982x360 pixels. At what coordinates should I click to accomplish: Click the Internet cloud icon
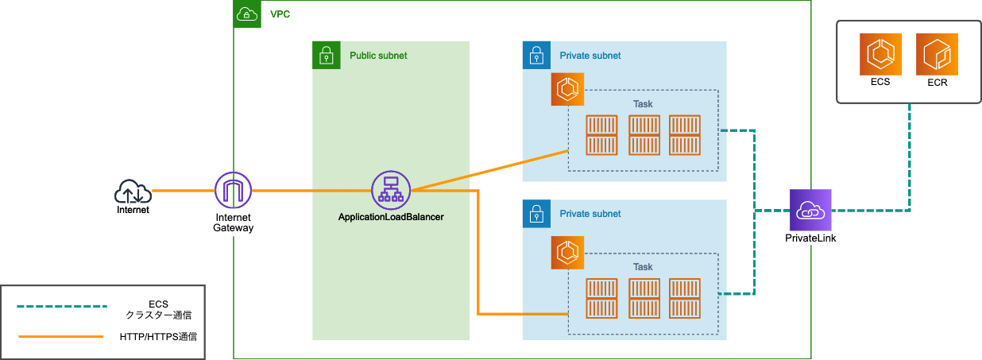(133, 192)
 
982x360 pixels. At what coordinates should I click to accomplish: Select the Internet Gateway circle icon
(233, 191)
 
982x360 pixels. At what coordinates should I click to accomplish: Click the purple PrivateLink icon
(810, 210)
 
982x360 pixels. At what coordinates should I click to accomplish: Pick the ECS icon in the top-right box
(880, 53)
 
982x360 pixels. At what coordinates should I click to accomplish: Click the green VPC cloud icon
(247, 14)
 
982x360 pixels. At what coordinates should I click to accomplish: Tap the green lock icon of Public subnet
(326, 56)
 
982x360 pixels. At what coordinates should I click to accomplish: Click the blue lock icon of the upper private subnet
(536, 56)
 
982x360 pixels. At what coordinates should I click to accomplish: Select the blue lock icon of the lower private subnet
(536, 214)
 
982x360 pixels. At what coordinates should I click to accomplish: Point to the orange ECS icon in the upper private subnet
(567, 90)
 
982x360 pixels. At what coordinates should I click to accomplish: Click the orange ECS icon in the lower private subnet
(567, 253)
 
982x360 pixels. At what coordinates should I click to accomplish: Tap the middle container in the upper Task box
(644, 135)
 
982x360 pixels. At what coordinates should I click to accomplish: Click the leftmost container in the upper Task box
(602, 135)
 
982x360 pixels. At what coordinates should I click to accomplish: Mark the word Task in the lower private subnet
(643, 267)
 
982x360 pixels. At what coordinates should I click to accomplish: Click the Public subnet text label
(378, 56)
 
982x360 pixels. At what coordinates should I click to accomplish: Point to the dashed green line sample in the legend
(61, 306)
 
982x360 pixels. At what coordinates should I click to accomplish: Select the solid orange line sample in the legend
(61, 336)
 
